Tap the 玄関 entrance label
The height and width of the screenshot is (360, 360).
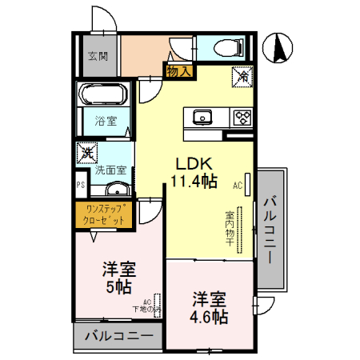pos(97,56)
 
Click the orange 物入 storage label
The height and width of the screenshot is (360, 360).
pos(178,71)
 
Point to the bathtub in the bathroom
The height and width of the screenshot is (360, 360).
pos(102,95)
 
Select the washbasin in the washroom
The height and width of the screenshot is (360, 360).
pos(117,190)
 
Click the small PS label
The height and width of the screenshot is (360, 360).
pos(80,186)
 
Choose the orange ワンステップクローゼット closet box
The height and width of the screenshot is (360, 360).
pos(104,214)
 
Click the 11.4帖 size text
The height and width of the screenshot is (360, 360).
pos(193,181)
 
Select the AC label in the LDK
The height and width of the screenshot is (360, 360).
pos(238,186)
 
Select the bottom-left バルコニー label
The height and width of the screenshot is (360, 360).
pos(118,337)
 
